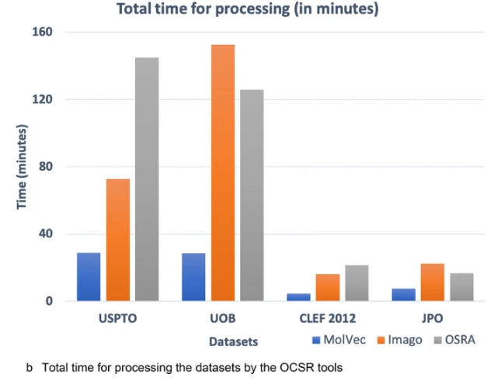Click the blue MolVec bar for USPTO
pyautogui.click(x=89, y=277)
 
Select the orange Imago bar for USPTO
pyautogui.click(x=118, y=240)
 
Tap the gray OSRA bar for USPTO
pyautogui.click(x=147, y=179)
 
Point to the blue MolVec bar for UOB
pyautogui.click(x=193, y=277)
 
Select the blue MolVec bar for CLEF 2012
pyautogui.click(x=298, y=296)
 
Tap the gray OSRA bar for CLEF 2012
pyautogui.click(x=357, y=283)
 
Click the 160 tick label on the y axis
pyautogui.click(x=42, y=33)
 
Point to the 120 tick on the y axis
pyautogui.click(x=42, y=99)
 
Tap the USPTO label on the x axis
pyautogui.click(x=117, y=318)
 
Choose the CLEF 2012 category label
pyautogui.click(x=328, y=318)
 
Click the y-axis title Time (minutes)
pyautogui.click(x=23, y=166)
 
